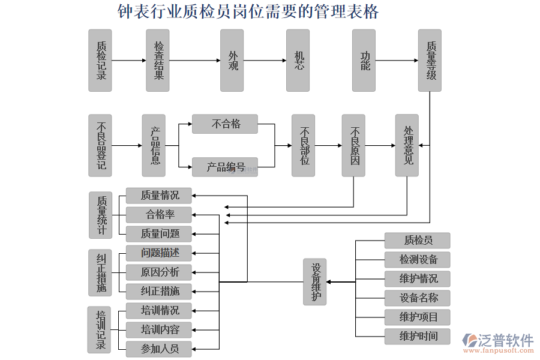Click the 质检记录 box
pyautogui.click(x=100, y=61)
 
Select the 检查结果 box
pyautogui.click(x=158, y=61)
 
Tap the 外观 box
pyautogui.click(x=232, y=61)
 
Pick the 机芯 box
pyautogui.click(x=298, y=61)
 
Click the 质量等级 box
pyautogui.click(x=430, y=61)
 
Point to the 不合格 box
pyautogui.click(x=225, y=124)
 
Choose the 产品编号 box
pyautogui.click(x=225, y=167)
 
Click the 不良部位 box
pyautogui.click(x=303, y=146)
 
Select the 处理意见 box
pyautogui.click(x=407, y=146)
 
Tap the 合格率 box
pyautogui.click(x=160, y=214)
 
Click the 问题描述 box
pyautogui.click(x=160, y=253)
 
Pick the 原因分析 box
pyautogui.click(x=160, y=272)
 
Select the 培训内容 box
pyautogui.click(x=160, y=329)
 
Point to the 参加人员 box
pyautogui.click(x=160, y=349)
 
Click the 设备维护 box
pyautogui.click(x=314, y=282)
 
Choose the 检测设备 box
pyautogui.click(x=418, y=260)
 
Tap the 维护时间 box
pyautogui.click(x=418, y=336)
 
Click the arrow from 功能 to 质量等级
pyautogui.click(x=397, y=61)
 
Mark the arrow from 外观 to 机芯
pyautogui.click(x=265, y=61)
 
